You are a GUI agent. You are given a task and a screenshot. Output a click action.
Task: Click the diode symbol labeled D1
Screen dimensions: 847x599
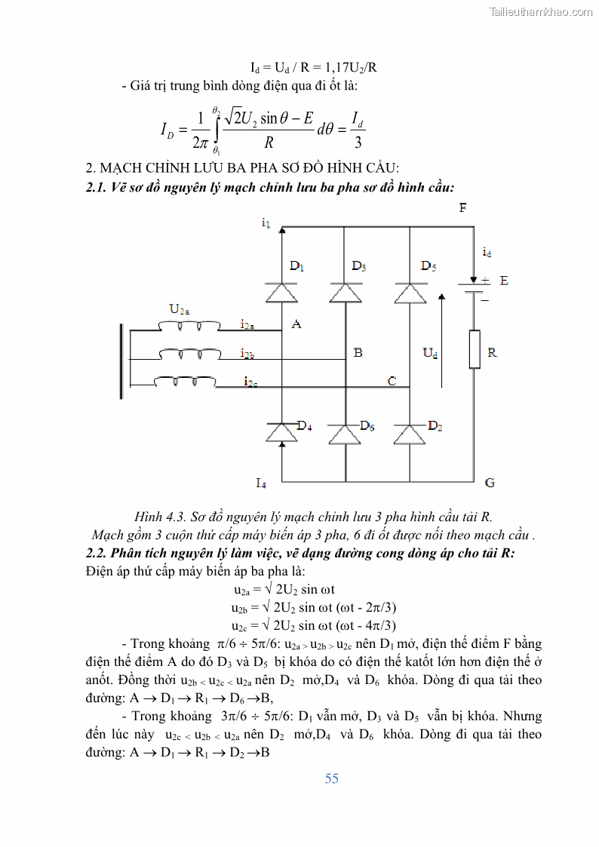pos(282,293)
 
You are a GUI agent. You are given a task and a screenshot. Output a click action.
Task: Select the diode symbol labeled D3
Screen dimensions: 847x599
pos(345,293)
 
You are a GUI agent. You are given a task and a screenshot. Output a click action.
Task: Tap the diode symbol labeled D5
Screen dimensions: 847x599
pos(410,293)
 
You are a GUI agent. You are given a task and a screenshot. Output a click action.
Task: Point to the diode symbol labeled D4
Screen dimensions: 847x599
pos(282,433)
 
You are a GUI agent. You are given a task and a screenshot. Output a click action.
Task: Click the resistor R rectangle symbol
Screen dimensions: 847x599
pos(475,349)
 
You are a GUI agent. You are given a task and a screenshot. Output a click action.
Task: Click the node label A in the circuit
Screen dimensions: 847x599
pos(296,324)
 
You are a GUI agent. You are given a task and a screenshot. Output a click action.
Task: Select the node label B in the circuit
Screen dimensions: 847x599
pos(358,352)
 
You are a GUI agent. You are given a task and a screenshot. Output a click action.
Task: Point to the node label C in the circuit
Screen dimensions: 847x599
pos(392,381)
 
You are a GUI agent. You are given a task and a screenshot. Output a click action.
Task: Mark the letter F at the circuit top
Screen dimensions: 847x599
pos(462,207)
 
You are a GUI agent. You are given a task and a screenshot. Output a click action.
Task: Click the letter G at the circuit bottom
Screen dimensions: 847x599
pos(490,482)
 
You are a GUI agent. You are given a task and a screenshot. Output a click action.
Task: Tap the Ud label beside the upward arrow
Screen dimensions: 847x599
pos(430,352)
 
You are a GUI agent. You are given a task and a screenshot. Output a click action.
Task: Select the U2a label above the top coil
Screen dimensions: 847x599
pos(180,309)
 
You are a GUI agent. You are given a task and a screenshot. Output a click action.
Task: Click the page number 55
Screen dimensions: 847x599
pos(332,778)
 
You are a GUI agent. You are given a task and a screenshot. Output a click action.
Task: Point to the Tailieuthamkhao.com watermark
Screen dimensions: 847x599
pos(541,11)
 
